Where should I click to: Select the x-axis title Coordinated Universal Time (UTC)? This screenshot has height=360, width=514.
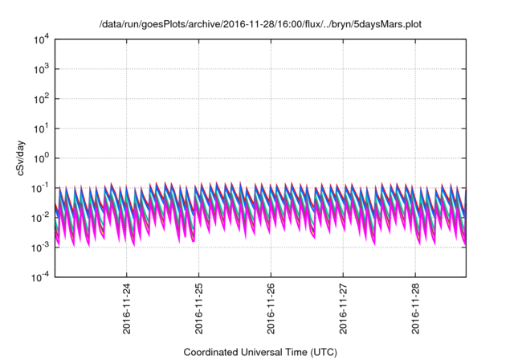(x=259, y=352)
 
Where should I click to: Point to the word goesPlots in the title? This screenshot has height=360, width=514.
(x=161, y=23)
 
